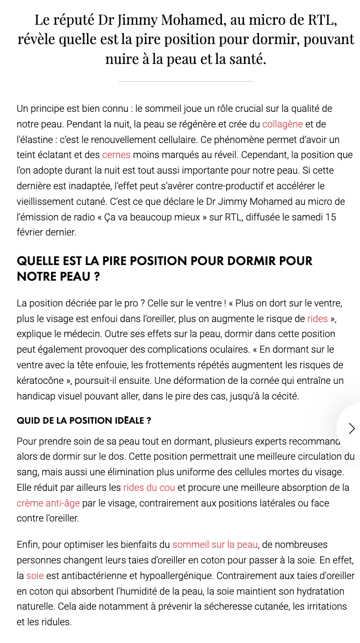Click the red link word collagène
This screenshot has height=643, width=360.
[x=283, y=124]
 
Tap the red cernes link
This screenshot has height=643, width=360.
[x=116, y=155]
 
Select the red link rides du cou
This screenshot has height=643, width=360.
[x=149, y=488]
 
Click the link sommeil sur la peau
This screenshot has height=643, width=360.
[x=215, y=545]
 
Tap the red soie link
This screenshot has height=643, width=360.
[x=35, y=576]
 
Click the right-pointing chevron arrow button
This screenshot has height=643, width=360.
[x=351, y=428]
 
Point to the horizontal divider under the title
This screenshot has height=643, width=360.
[x=185, y=81]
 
